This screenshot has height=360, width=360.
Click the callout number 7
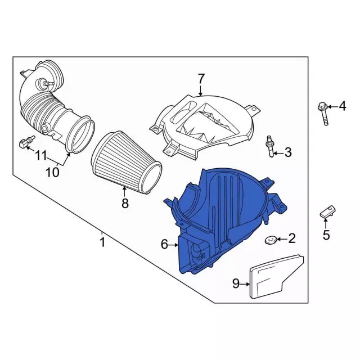coord(201,79)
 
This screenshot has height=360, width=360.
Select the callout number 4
coord(343,106)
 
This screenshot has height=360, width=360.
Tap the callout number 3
coord(288,152)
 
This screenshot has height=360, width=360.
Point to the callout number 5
coord(326,235)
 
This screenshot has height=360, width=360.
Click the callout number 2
coord(291,238)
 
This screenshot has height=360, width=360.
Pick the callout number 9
coord(236,283)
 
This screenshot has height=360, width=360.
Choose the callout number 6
coord(164,244)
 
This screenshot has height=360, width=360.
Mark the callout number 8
coord(125,203)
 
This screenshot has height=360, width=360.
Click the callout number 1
coord(102,242)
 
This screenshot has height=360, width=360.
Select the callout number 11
coord(41,156)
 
